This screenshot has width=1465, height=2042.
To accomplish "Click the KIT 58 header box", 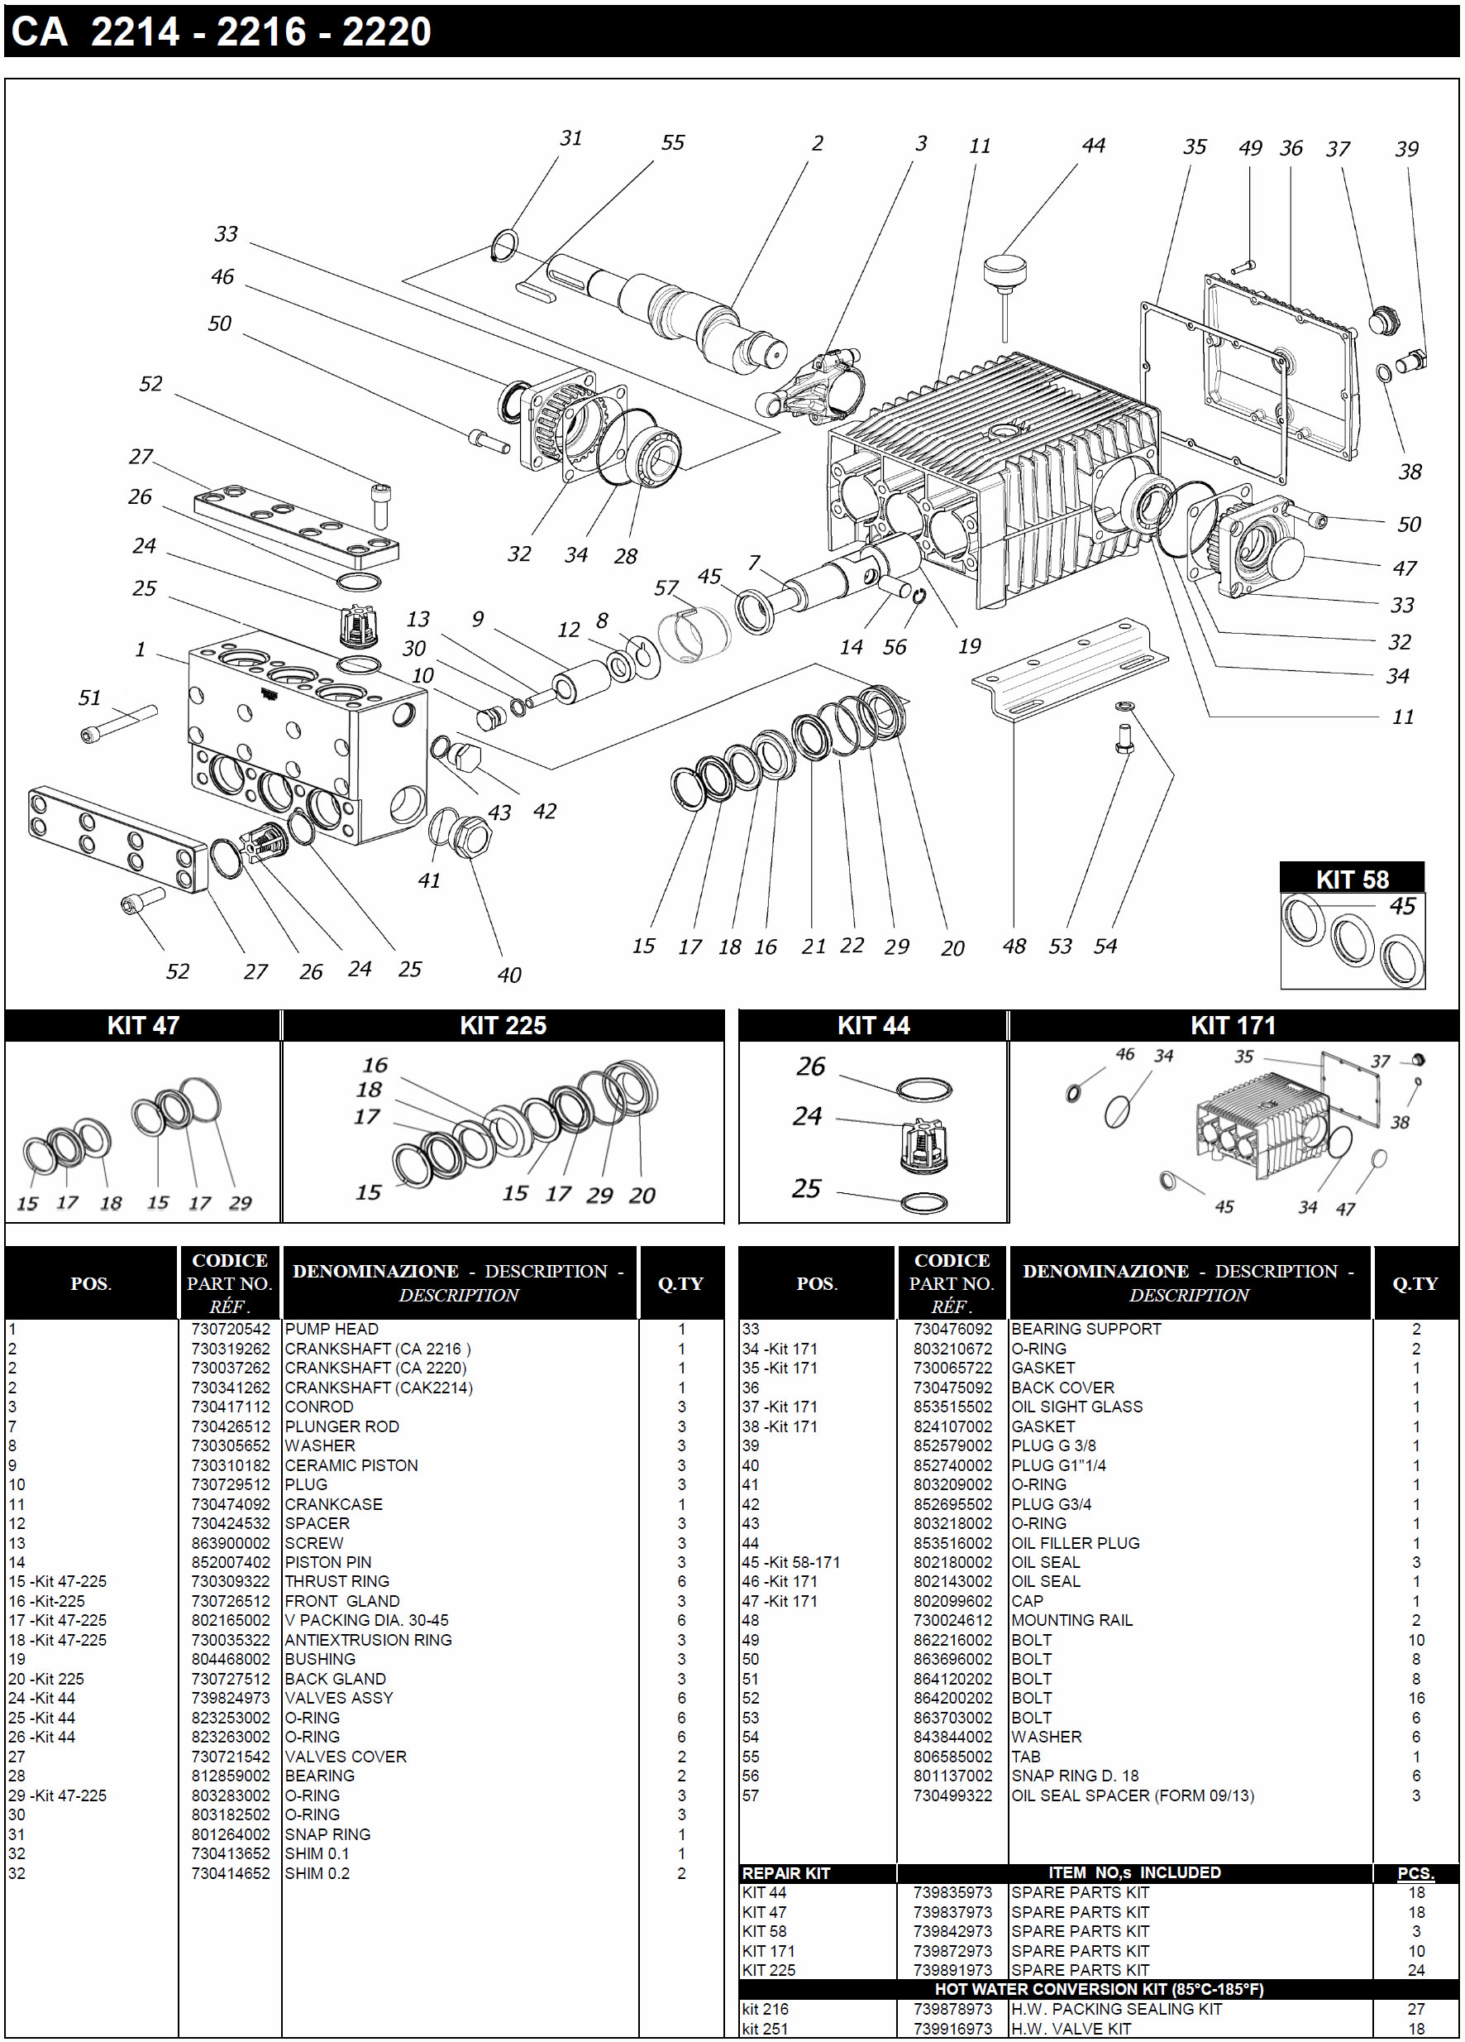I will coord(1351,879).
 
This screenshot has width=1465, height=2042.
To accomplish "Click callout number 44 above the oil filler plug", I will coord(1093,146).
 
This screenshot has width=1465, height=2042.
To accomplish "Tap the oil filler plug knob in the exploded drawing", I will coord(1005,269).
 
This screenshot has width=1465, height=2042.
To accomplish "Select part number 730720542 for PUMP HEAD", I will coord(231,1329).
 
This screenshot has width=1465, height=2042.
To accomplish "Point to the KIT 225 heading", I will coord(503,1025).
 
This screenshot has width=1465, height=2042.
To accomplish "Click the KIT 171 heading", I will coord(1232,1025).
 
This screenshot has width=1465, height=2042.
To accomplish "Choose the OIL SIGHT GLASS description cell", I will coord(1076,1407).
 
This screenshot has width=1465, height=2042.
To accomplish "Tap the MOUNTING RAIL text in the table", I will coord(1071,1620).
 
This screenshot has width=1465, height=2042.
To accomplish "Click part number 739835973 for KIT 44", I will coord(952,1892).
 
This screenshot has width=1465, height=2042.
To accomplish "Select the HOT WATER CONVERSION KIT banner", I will coord(1098,1989).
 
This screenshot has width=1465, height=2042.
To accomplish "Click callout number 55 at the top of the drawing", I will coord(673,143).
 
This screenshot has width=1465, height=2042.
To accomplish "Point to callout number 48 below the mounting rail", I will coord(1014,947).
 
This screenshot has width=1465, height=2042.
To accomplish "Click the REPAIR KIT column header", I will coord(785,1872).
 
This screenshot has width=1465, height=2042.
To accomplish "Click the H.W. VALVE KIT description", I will coord(1071,2029).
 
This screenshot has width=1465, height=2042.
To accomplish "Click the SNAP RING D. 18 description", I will coord(1075,1776).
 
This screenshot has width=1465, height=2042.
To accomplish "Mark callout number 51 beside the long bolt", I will coord(89,697).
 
